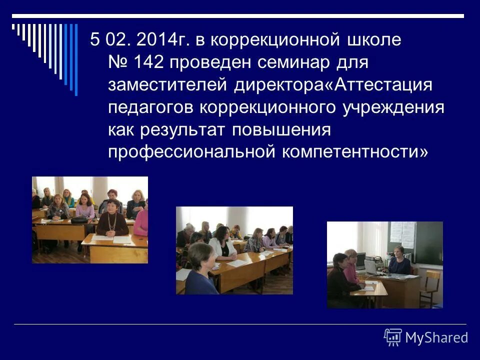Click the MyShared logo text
pos(436,338)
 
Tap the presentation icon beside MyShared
pos(393,338)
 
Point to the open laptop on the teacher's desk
pos(371,266)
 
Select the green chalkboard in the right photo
pos(428,242)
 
